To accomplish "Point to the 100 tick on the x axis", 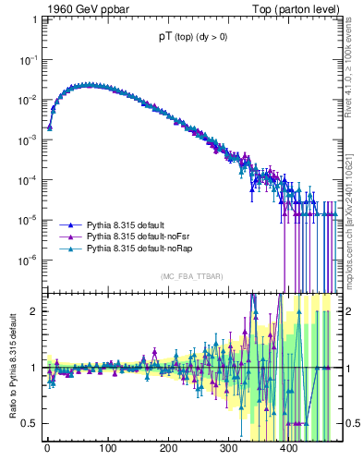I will tap(107, 452).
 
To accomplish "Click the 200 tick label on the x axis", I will tap(168, 452).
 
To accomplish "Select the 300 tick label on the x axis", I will tap(229, 452).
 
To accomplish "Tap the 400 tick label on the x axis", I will tap(289, 452).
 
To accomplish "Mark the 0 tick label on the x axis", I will tap(47, 452).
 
